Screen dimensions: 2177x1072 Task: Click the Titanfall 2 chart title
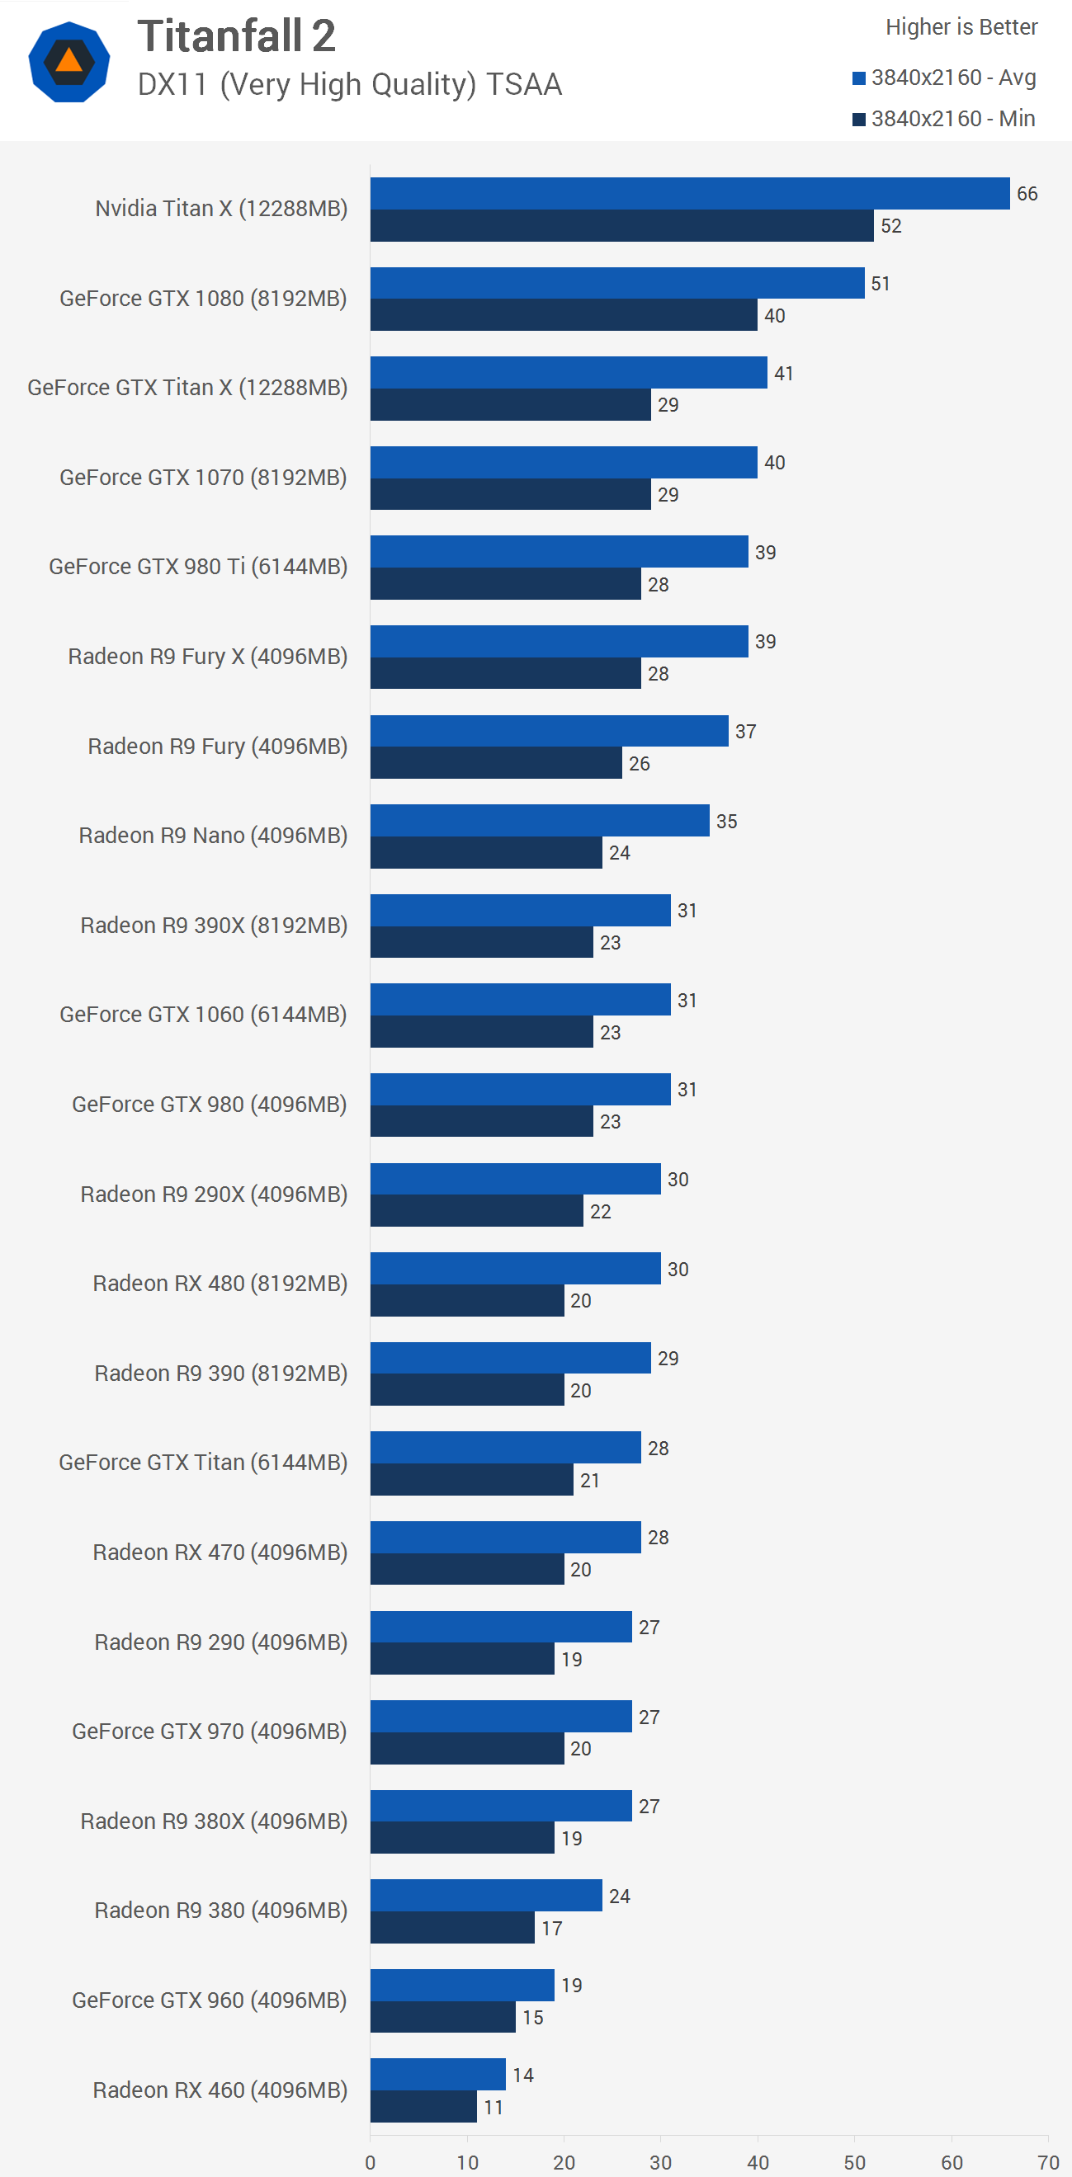[236, 36]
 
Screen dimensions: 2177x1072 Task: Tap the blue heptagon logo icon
[69, 62]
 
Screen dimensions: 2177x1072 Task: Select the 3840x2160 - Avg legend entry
[944, 78]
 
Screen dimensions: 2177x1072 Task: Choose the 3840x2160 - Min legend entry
[944, 118]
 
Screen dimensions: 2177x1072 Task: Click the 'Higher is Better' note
[961, 27]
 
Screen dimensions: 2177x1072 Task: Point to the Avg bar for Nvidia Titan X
[689, 194]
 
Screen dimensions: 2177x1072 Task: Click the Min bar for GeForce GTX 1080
[563, 315]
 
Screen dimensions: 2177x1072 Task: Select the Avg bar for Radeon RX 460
[438, 2074]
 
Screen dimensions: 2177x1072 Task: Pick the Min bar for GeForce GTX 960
[443, 2017]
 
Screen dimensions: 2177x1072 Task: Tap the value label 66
[1027, 194]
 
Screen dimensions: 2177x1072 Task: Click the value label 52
[891, 226]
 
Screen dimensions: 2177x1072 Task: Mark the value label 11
[493, 2108]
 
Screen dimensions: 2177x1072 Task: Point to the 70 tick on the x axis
[1048, 2162]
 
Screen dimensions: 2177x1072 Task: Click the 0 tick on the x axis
[371, 2162]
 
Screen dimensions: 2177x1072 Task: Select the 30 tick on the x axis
[661, 2162]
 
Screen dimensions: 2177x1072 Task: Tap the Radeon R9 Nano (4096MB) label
[213, 836]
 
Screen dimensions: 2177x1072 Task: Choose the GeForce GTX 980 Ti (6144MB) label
[198, 567]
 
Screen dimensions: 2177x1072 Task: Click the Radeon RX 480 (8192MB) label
[220, 1284]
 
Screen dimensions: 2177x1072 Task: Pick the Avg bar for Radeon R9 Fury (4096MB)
[549, 731]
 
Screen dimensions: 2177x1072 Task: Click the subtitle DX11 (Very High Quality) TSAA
[349, 84]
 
